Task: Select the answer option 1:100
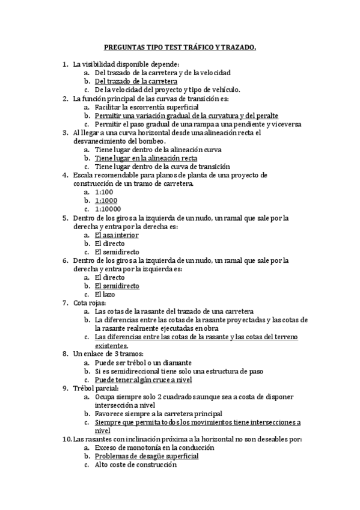pyautogui.click(x=103, y=192)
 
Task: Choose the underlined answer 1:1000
pyautogui.click(x=106, y=200)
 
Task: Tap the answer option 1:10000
pyautogui.click(x=108, y=209)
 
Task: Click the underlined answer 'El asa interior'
pyautogui.click(x=117, y=235)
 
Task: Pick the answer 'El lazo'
pyautogui.click(x=105, y=295)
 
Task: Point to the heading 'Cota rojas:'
pyautogui.click(x=90, y=303)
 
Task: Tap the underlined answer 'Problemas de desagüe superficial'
pyautogui.click(x=147, y=456)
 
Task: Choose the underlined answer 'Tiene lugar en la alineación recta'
pyautogui.click(x=146, y=158)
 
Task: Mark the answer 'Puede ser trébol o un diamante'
pyautogui.click(x=144, y=363)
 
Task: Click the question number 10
pyautogui.click(x=67, y=439)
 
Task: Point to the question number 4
pyautogui.click(x=65, y=175)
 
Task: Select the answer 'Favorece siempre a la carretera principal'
pyautogui.click(x=158, y=414)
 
